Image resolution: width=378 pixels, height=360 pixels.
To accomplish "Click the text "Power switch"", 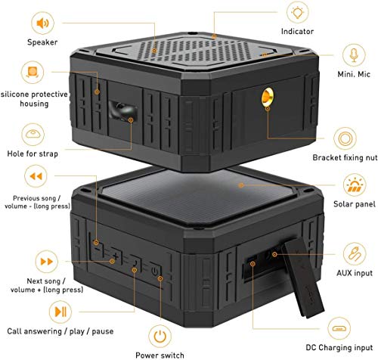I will (x=160, y=354).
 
